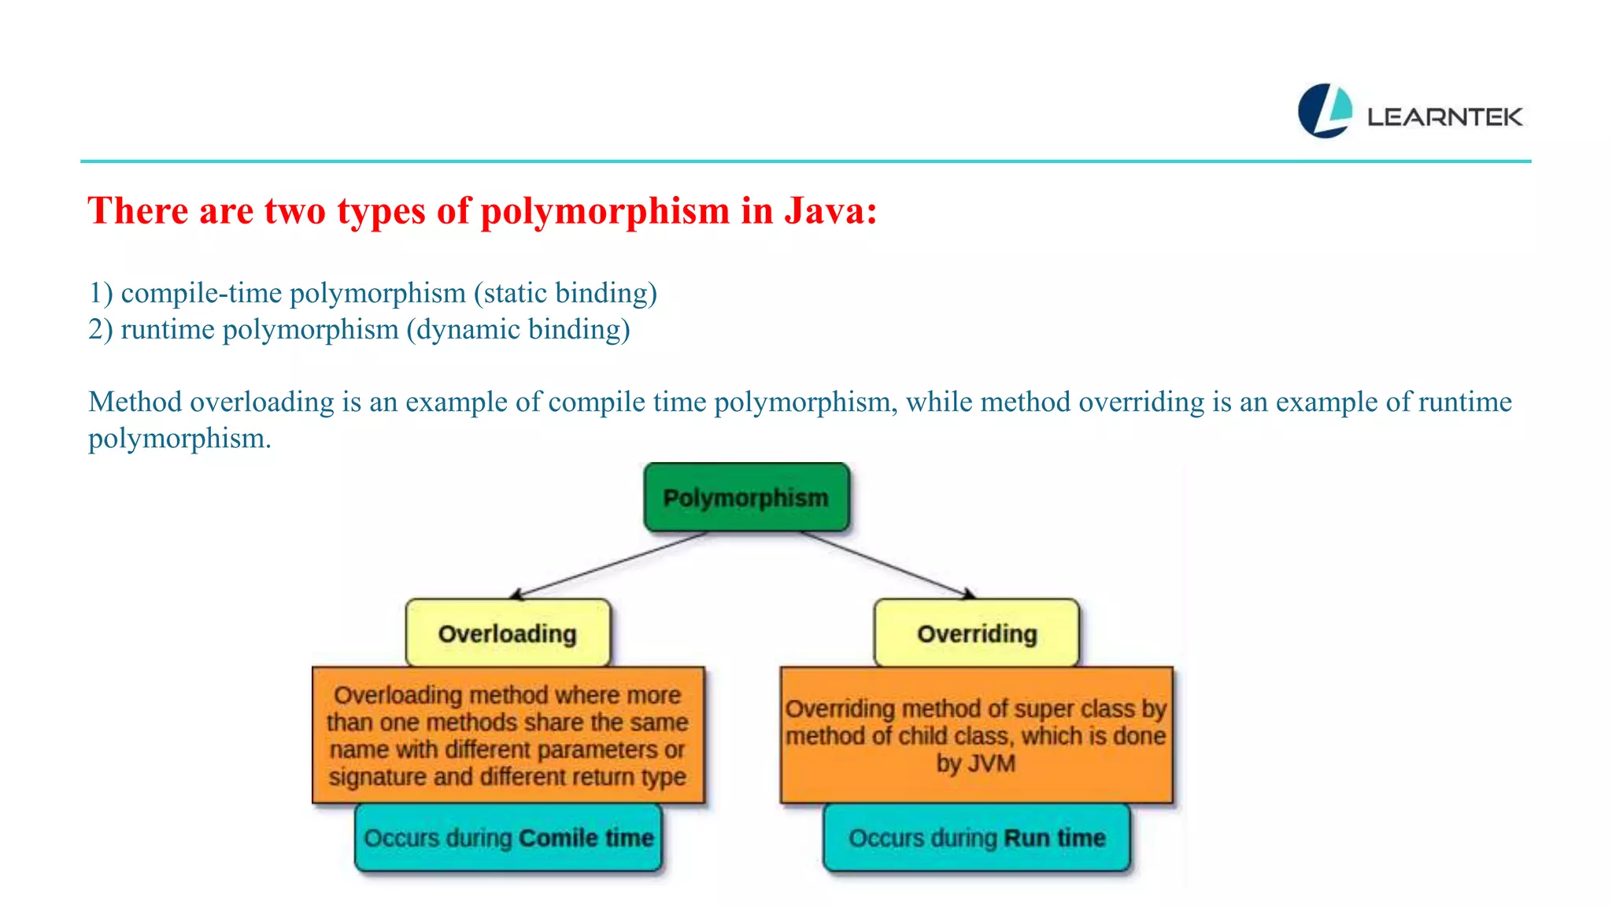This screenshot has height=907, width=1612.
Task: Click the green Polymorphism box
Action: tap(746, 498)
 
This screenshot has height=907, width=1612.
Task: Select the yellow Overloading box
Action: tap(508, 633)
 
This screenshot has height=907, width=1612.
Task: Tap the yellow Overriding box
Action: tap(976, 633)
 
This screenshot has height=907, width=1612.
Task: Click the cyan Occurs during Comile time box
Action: tap(508, 838)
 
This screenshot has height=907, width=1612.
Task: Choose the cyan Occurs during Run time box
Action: tap(976, 838)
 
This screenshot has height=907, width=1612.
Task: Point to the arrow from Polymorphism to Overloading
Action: tap(610, 565)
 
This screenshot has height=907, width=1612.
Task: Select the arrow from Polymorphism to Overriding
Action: tap(888, 565)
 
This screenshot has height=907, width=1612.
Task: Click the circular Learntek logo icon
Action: tap(1325, 111)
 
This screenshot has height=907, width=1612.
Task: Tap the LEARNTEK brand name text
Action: tap(1444, 117)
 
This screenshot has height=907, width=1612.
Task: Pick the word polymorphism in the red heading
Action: tap(604, 211)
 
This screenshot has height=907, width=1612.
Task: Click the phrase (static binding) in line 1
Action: tap(565, 293)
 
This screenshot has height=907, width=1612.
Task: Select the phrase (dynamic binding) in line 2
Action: tap(518, 329)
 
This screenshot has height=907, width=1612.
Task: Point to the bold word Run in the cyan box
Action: tap(1026, 838)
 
